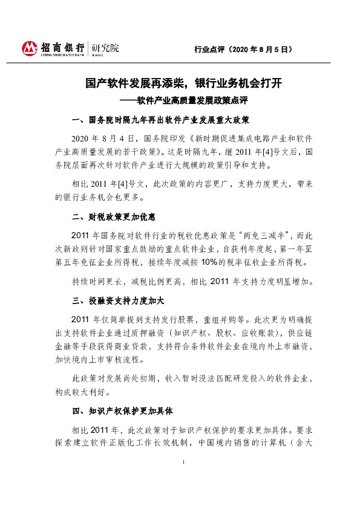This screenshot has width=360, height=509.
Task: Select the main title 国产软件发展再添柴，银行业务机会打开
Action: pyautogui.click(x=180, y=83)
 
